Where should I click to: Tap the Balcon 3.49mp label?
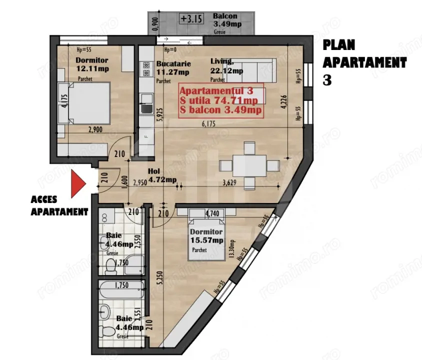224,20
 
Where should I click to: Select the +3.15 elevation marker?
190,20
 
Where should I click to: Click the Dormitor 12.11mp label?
91,64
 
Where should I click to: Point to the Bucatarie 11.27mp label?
172,68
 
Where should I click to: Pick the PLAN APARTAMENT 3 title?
364,62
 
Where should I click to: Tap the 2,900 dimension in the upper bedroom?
95,129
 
